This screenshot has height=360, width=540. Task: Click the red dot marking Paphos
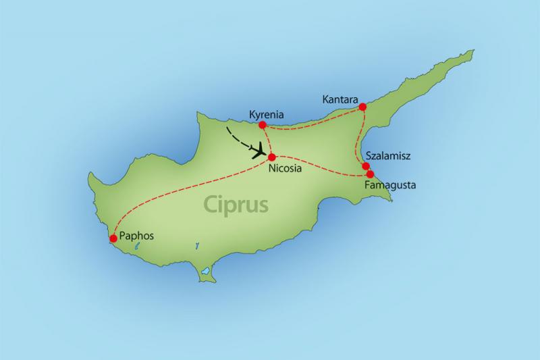tap(113, 238)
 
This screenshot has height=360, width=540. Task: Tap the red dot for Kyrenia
tap(263, 124)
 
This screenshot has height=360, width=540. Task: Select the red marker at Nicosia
tap(272, 157)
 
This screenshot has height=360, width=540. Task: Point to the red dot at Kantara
tap(362, 106)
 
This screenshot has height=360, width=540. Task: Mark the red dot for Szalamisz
tap(366, 166)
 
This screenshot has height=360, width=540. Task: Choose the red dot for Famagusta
tap(370, 174)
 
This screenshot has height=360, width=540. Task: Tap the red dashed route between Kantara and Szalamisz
tap(356, 138)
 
